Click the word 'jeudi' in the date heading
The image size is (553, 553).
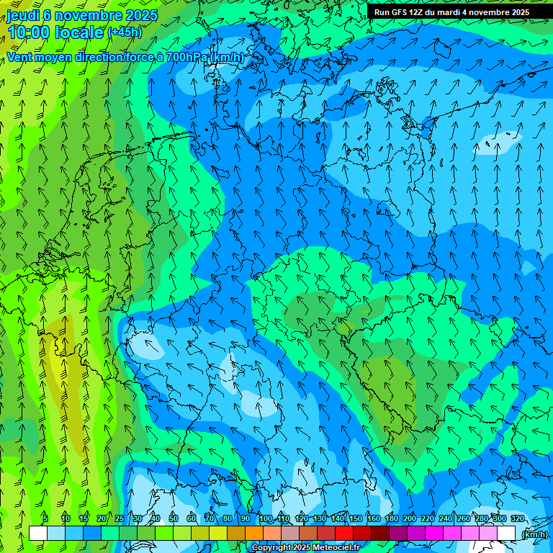tap(23, 15)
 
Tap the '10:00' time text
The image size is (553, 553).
tap(29, 32)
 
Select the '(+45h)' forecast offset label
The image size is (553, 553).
tap(125, 32)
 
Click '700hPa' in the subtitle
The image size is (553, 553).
tap(188, 57)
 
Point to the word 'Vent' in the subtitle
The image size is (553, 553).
tap(22, 57)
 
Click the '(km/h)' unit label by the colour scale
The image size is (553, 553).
tap(534, 534)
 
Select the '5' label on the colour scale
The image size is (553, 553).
tap(45, 518)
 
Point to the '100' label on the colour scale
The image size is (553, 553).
tap(266, 518)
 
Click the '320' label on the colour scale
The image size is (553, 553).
tap(517, 518)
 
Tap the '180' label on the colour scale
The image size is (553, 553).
tap(392, 518)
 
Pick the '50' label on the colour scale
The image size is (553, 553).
tap(174, 518)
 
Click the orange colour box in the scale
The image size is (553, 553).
tap(254, 533)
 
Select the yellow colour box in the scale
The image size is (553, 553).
tap(218, 533)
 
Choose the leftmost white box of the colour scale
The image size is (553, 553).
tap(38, 533)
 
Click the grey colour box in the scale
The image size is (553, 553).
tap(290, 533)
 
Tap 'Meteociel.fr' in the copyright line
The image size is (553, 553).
tap(336, 548)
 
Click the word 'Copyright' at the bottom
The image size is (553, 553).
tap(272, 548)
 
